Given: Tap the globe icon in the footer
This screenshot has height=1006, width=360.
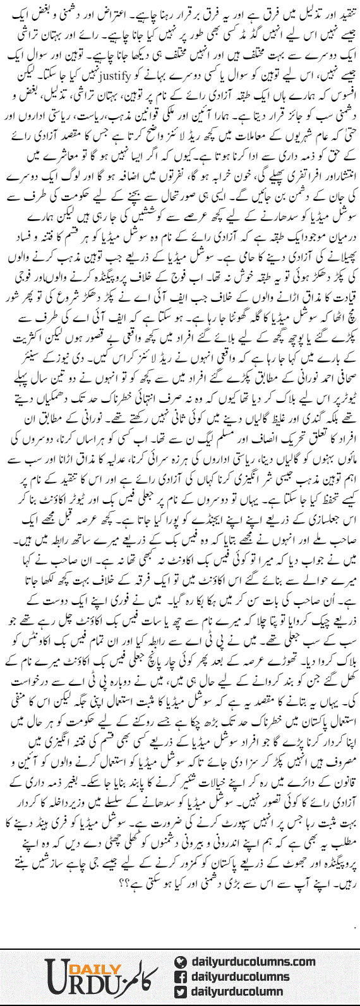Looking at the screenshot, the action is [182, 962].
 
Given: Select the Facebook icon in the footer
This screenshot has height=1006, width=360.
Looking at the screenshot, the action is [182, 976].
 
